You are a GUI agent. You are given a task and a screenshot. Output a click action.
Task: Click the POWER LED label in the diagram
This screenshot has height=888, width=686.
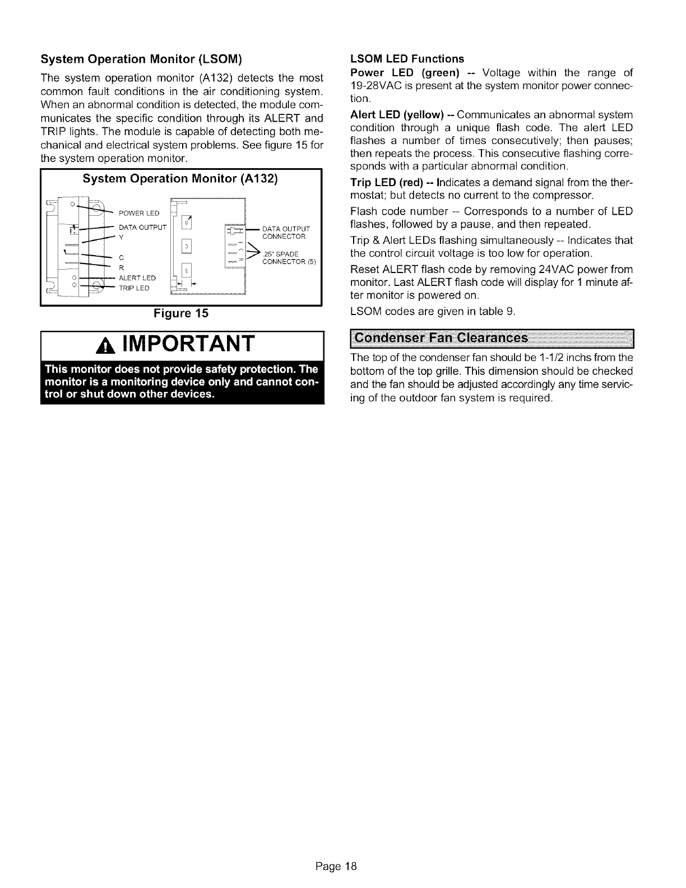point(139,212)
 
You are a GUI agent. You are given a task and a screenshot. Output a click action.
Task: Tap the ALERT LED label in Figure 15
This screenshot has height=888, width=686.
point(137,278)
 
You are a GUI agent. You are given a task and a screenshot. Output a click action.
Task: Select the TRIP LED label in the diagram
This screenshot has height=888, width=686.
point(134,288)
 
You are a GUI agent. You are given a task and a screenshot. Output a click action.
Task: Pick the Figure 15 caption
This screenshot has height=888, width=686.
point(181,313)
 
